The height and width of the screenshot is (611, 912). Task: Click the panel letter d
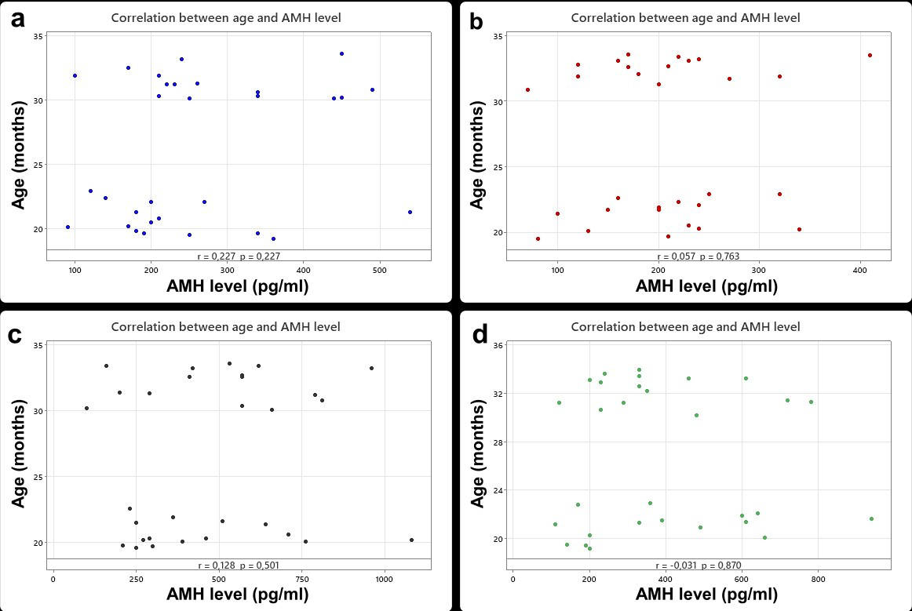tap(480, 335)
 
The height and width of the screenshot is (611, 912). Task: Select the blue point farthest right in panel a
tap(410, 212)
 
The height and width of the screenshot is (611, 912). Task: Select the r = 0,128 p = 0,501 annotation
tap(239, 566)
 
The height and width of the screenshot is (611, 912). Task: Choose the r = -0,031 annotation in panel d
tap(676, 566)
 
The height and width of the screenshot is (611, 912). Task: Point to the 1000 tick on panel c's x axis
tap(384, 580)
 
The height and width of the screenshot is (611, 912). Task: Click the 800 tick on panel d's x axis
tap(818, 580)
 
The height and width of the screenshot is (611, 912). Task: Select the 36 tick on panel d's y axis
tap(499, 345)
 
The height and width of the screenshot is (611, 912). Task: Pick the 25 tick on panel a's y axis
tap(38, 165)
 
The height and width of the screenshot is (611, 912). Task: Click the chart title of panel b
tap(685, 17)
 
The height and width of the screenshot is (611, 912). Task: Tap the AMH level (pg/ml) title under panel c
tap(238, 595)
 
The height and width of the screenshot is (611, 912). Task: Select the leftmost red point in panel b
tap(527, 89)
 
